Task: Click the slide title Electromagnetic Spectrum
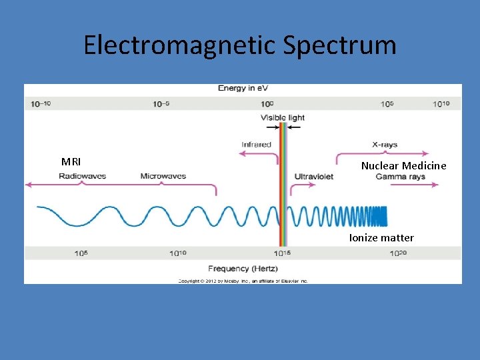point(239,45)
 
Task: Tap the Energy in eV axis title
point(243,89)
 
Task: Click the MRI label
point(71,161)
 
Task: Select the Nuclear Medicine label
point(403,165)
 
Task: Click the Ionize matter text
point(381,237)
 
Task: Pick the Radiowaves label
point(82,177)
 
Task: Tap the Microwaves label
point(163,177)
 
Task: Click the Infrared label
point(256,144)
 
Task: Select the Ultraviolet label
point(314,177)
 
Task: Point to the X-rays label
point(385,145)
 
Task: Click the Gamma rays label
point(400,177)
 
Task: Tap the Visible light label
point(283,118)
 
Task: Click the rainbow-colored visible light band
point(283,187)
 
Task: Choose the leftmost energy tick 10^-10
point(41,104)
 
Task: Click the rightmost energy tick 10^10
point(442,104)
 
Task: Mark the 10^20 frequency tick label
point(398,253)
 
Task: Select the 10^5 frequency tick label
point(81,253)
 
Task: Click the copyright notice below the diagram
point(243,281)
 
